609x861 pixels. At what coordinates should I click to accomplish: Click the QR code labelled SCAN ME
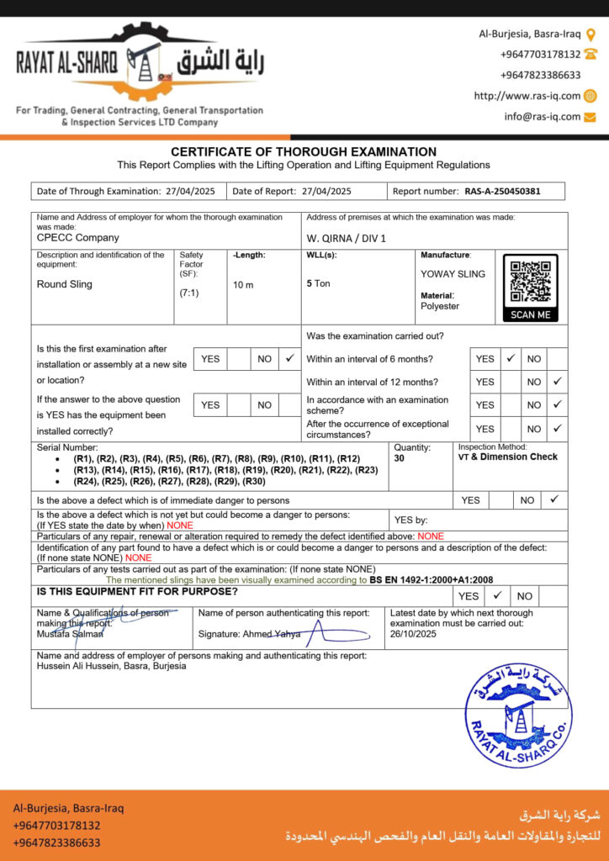tap(531, 283)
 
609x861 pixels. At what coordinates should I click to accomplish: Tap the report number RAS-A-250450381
tap(502, 191)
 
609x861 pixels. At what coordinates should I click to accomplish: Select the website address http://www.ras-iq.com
tap(527, 96)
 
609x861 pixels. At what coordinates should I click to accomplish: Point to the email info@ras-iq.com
tap(543, 117)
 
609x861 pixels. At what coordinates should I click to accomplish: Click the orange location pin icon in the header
tap(590, 34)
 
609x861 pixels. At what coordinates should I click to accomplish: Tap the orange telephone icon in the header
tap(590, 54)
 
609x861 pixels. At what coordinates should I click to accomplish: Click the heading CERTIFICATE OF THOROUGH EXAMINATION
tap(304, 151)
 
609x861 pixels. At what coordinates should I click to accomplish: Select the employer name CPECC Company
tap(78, 238)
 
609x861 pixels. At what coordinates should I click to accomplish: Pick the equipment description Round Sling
tap(65, 284)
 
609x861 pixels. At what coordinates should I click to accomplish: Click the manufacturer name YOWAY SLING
tap(453, 274)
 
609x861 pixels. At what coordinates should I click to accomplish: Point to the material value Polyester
tap(440, 306)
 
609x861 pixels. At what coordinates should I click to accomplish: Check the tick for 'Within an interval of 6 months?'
tap(510, 358)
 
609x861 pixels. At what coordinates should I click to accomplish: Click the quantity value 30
tap(399, 459)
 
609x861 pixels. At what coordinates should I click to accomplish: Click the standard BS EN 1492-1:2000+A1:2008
tap(432, 580)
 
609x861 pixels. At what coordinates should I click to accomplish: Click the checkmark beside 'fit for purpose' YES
tap(497, 595)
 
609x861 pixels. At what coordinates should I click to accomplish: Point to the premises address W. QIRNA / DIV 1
tap(347, 238)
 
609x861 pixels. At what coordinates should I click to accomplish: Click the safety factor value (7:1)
tap(189, 293)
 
